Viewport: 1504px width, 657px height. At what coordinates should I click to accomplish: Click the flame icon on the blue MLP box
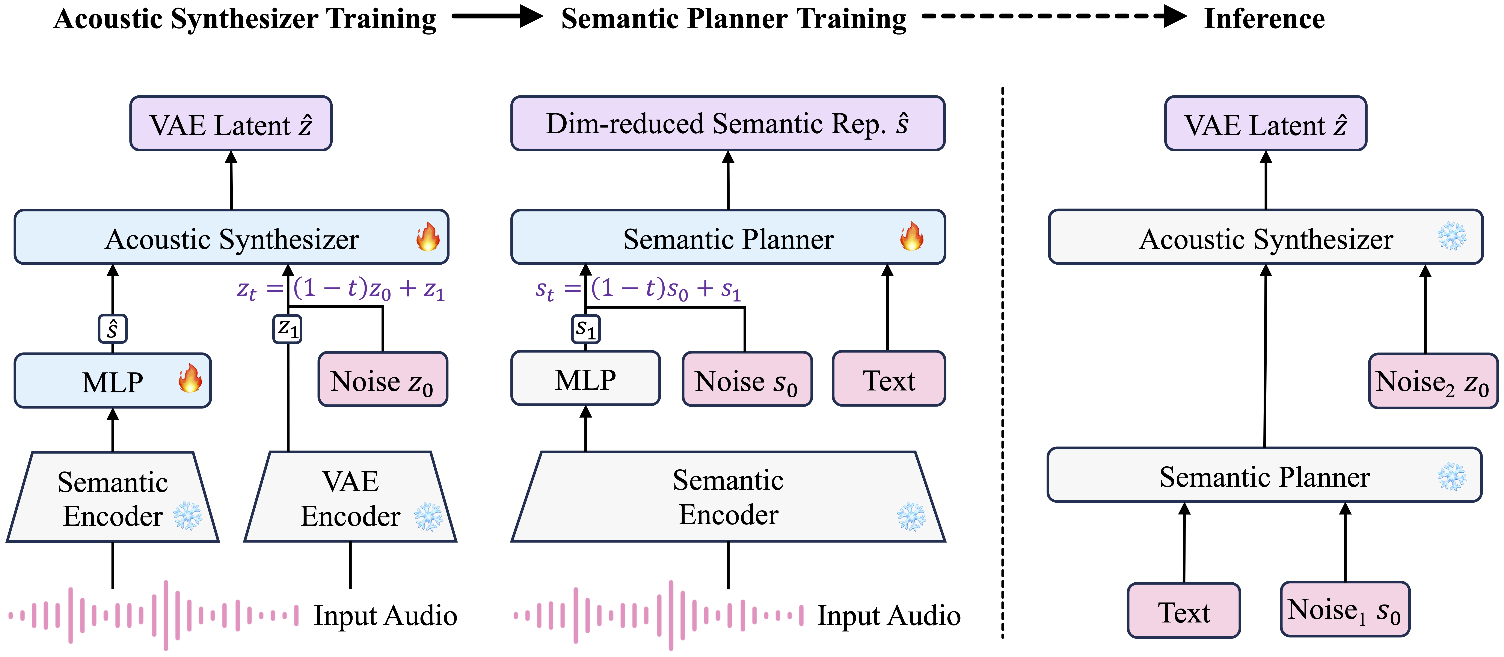pyautogui.click(x=190, y=378)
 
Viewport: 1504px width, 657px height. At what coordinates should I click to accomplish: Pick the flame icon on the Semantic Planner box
pyautogui.click(x=911, y=237)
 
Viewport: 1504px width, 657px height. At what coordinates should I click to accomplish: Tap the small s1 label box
pyautogui.click(x=586, y=329)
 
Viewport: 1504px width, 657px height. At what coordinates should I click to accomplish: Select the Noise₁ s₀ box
pyautogui.click(x=1345, y=609)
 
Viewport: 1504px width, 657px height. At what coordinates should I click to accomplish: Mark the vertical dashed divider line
pyautogui.click(x=1002, y=362)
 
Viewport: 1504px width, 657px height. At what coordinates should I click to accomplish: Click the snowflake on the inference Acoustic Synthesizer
pyautogui.click(x=1451, y=237)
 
